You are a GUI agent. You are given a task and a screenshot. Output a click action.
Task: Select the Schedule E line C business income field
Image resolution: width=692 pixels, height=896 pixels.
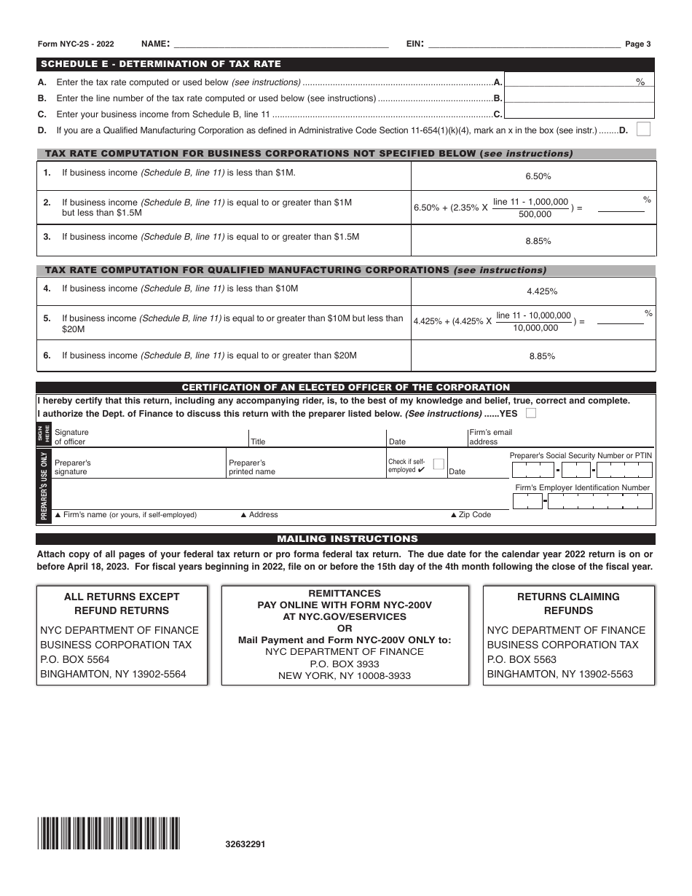coord(579,114)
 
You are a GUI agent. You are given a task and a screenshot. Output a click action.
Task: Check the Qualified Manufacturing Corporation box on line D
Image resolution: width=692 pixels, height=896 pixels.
coord(643,130)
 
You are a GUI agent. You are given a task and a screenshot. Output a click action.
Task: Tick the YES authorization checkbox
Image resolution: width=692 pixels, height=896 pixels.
coord(531,413)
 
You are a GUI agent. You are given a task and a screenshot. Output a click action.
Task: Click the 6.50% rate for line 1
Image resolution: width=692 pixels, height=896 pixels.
coord(538,176)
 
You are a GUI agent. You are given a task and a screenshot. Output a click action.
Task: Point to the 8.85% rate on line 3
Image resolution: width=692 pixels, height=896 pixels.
coord(538,241)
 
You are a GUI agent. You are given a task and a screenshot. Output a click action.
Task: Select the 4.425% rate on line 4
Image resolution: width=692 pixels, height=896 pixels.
coord(542,291)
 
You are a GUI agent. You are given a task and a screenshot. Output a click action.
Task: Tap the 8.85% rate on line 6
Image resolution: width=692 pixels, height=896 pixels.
coord(542,356)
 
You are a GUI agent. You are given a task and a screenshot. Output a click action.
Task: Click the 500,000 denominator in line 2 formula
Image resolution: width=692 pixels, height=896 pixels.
coord(535,214)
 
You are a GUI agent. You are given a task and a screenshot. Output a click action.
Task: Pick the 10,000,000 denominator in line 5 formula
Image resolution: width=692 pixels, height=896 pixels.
coord(536,328)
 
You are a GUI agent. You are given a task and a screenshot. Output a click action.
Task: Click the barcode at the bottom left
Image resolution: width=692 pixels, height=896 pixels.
coord(109,834)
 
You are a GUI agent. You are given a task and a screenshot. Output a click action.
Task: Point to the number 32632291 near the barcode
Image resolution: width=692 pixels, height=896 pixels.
coord(245,844)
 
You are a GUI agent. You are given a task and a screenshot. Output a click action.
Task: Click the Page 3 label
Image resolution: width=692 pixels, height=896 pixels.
coord(638,44)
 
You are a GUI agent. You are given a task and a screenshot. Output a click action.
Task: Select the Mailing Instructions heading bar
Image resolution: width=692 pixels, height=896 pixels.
coord(346,539)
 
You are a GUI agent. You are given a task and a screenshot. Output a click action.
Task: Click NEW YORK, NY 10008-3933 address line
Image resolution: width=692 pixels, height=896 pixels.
coord(345,675)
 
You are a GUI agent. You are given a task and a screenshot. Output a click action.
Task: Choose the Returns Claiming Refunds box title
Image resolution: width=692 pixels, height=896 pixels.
coord(568,603)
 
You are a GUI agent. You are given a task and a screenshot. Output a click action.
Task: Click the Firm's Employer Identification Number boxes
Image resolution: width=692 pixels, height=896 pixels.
coord(583,501)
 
